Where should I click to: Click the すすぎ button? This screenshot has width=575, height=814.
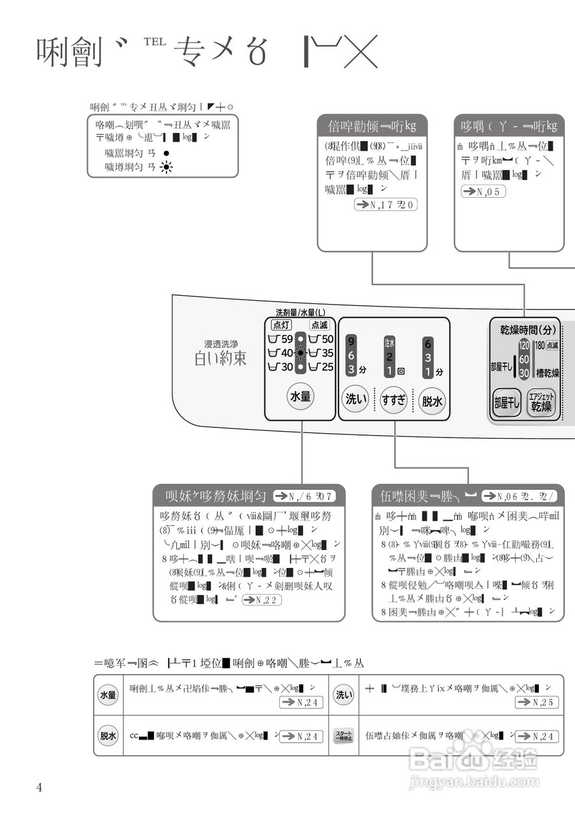(x=394, y=400)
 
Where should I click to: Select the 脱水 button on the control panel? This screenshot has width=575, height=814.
(x=432, y=401)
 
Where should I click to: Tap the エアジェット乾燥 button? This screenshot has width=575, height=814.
(x=541, y=403)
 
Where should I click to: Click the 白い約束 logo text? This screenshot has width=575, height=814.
(x=220, y=358)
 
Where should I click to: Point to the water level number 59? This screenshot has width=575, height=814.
(x=287, y=339)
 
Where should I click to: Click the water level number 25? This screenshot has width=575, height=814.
(x=327, y=367)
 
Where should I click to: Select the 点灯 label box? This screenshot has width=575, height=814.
(x=281, y=325)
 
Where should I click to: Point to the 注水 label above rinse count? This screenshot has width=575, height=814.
(x=389, y=342)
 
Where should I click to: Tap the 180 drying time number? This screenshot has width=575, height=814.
(x=539, y=345)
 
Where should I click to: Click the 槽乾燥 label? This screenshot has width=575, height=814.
(x=547, y=373)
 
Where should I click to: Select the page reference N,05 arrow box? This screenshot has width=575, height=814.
(x=483, y=191)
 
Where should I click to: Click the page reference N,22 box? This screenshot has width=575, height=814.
(x=262, y=600)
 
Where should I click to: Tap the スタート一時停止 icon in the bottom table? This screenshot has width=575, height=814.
(x=343, y=736)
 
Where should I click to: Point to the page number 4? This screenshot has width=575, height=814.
(x=39, y=788)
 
